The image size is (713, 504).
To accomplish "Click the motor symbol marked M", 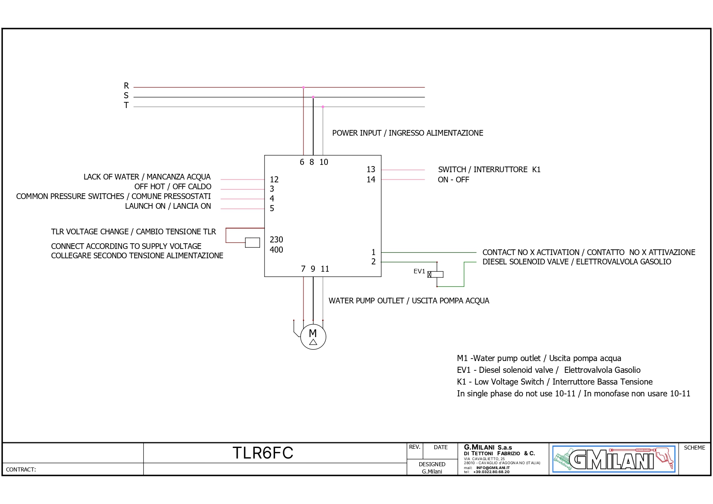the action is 313,337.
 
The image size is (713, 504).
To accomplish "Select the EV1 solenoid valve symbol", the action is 435,275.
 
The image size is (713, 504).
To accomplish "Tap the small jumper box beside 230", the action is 252,242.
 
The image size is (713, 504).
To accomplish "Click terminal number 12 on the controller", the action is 274,180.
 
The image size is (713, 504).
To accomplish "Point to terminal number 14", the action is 371,180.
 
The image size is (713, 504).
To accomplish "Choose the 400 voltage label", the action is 276,250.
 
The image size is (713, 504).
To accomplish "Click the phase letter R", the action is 126,86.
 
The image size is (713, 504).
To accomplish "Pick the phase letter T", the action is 126,105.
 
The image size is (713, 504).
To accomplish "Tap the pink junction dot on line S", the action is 313,97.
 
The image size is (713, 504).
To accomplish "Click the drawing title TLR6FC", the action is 263,453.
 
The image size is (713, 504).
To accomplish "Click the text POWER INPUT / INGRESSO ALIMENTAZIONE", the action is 407,133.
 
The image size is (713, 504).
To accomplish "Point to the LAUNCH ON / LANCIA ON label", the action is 168,206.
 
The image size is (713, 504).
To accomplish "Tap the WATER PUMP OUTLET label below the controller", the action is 409,301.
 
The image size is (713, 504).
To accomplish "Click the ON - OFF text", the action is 453,180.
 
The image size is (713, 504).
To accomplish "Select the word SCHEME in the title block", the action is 694,448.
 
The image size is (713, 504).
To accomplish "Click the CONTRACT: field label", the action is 21,469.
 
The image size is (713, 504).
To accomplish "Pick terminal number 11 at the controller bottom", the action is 325,269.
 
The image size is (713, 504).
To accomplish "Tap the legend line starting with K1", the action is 555,382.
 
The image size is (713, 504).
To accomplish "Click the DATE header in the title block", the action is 440,447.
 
